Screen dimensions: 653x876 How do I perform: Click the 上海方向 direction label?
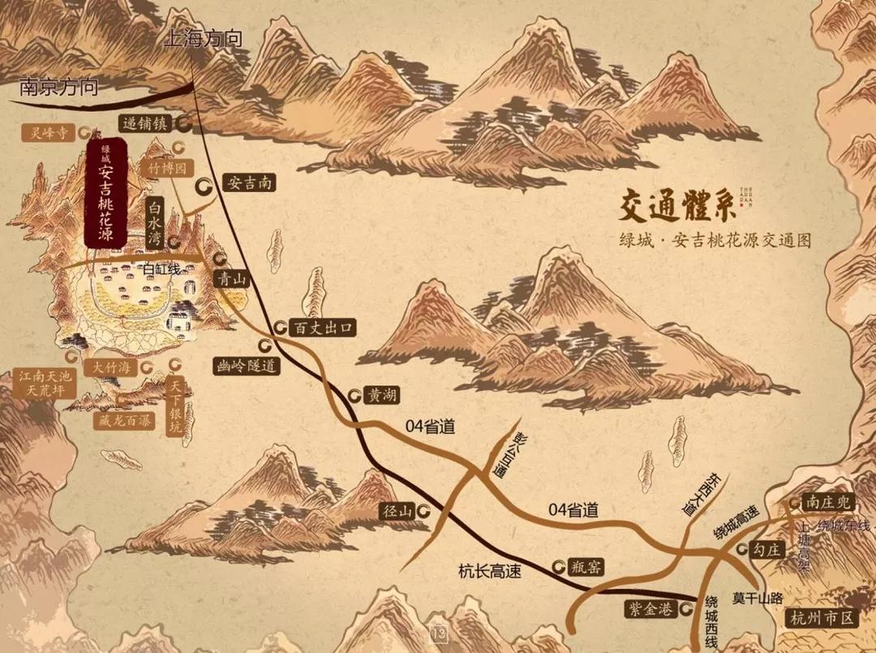click(x=204, y=38)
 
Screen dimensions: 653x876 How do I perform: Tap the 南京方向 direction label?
click(x=58, y=86)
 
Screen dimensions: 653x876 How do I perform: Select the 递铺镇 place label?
click(x=145, y=124)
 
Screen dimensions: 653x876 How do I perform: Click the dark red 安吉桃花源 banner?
click(x=105, y=192)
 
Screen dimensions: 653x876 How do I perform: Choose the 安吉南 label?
click(x=248, y=183)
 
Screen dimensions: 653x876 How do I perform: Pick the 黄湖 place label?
click(x=383, y=396)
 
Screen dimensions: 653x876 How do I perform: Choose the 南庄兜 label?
click(x=827, y=502)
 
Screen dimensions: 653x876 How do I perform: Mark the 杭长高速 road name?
click(x=489, y=571)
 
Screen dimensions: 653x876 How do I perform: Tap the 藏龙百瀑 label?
click(x=122, y=423)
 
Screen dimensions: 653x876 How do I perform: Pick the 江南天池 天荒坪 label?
click(x=47, y=384)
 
